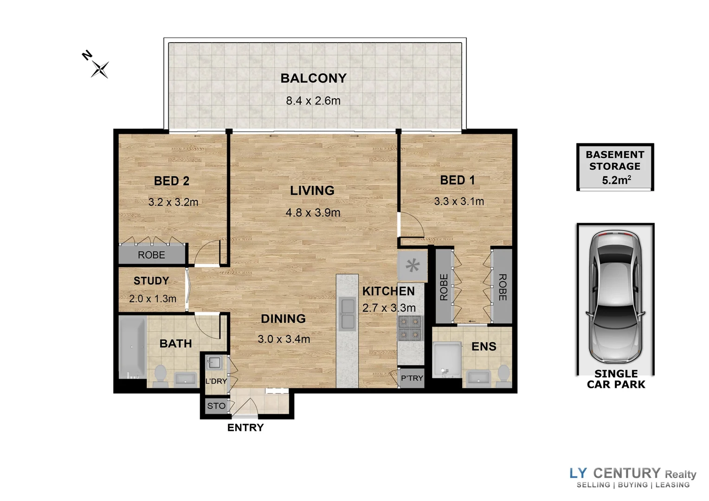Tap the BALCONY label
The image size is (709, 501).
[313, 78]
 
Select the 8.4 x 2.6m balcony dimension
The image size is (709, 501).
[313, 101]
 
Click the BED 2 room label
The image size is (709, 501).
[172, 181]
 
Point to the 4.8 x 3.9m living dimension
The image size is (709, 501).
[313, 213]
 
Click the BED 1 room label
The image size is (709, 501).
[458, 180]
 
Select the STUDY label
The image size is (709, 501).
[151, 281]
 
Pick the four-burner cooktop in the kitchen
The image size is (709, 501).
[410, 328]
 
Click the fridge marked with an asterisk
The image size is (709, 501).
[412, 266]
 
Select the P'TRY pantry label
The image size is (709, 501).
[412, 378]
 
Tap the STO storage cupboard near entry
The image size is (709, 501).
[216, 406]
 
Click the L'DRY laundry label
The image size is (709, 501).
[216, 381]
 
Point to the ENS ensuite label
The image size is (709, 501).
[483, 347]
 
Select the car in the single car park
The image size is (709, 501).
[615, 297]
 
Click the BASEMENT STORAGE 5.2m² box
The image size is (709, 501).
[615, 167]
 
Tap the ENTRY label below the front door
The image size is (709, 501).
[245, 428]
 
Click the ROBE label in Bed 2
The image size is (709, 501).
[151, 255]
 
